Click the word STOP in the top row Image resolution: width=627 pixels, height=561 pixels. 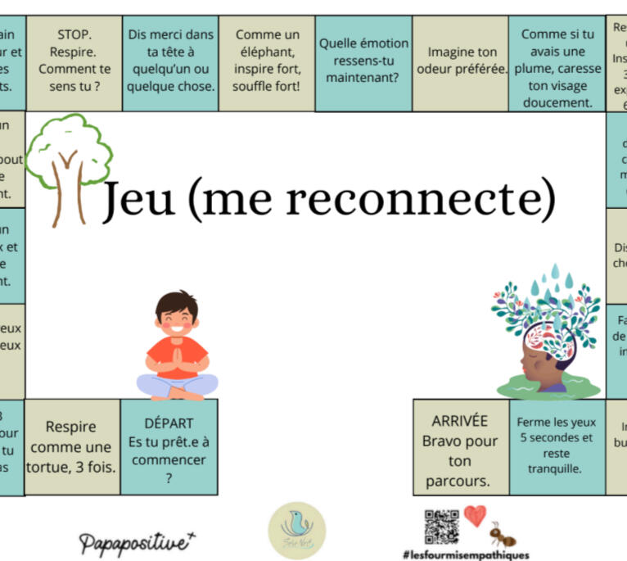74,34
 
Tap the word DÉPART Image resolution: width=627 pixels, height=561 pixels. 169,423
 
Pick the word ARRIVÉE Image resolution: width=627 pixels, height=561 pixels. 459,421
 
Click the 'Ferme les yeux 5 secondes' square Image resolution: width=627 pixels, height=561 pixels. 557,446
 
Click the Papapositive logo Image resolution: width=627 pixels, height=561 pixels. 138,541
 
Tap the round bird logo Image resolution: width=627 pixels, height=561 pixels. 296,531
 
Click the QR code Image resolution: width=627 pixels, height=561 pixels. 442,524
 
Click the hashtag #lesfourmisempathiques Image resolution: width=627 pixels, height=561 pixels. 465,554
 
